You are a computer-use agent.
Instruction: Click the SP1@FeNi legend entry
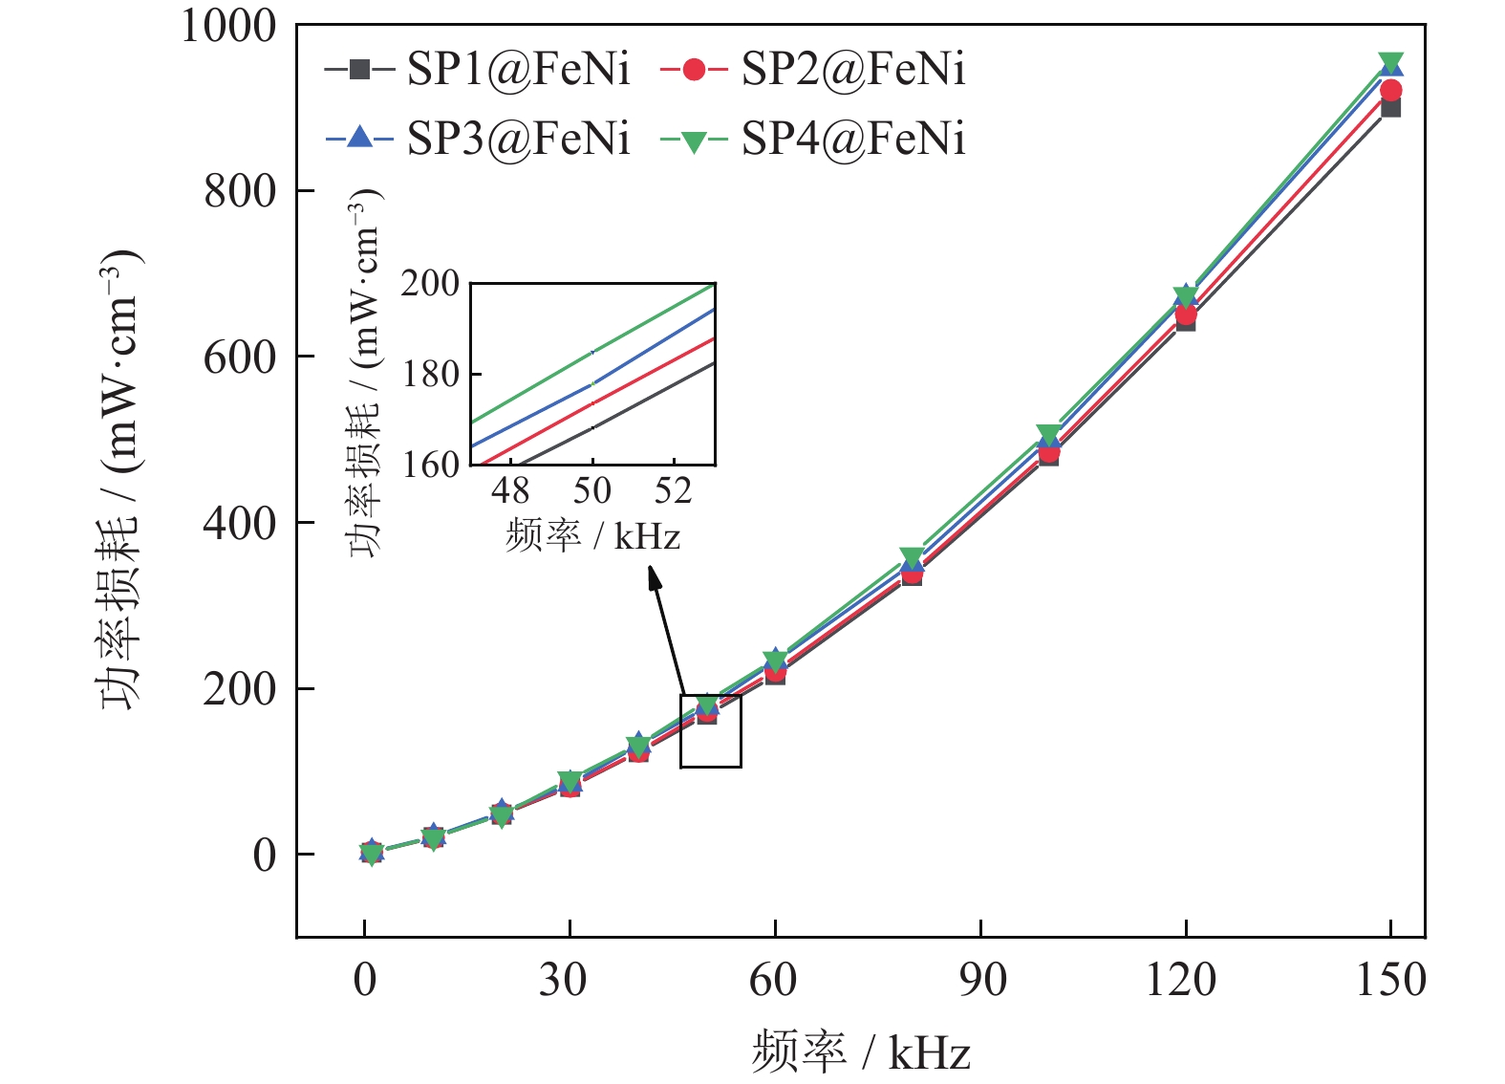point(478,70)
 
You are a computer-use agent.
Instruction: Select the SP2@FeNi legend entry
point(812,70)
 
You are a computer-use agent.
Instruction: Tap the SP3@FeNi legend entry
point(478,139)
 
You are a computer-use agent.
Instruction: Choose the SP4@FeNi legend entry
point(812,139)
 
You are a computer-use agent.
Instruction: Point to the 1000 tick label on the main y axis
point(229,27)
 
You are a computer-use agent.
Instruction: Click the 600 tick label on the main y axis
point(240,358)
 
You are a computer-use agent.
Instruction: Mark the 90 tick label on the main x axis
point(981,981)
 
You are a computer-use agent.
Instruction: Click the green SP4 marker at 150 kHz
point(1390,63)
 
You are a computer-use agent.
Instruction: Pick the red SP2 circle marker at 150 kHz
point(1391,91)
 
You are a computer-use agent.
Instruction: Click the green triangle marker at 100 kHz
point(1048,436)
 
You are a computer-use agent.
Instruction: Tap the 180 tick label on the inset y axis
point(431,375)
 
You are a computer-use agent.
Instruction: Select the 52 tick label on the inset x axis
point(673,491)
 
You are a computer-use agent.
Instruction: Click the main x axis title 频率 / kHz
point(861,1051)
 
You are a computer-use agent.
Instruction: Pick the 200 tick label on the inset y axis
point(431,284)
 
